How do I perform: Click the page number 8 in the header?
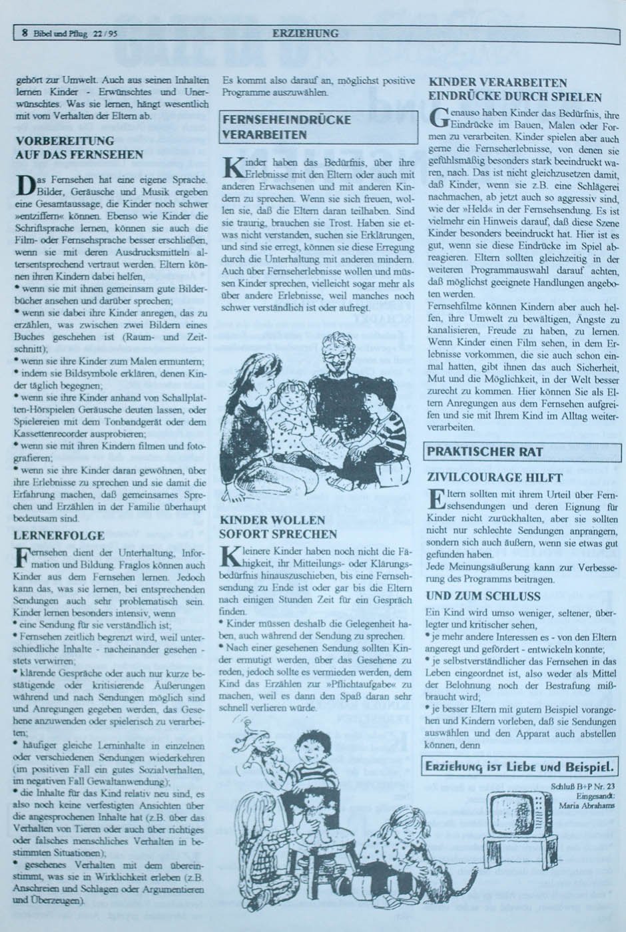(x=25, y=33)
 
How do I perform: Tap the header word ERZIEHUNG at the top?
(x=305, y=33)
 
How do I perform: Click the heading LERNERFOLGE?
(x=60, y=535)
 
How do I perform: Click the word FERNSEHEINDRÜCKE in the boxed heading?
(x=287, y=120)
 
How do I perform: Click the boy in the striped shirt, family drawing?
(x=379, y=426)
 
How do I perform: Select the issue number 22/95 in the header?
(x=105, y=33)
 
